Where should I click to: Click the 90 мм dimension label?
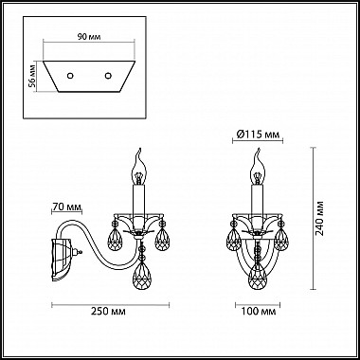coord(89,37)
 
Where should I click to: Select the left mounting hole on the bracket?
coord(70,76)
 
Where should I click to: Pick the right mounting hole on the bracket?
coord(108,76)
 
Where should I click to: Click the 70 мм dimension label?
coord(66,207)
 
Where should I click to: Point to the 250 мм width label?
coord(108,312)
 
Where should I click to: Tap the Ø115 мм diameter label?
coord(258,135)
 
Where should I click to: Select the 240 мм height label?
coord(320,218)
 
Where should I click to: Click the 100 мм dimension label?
coord(259,312)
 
